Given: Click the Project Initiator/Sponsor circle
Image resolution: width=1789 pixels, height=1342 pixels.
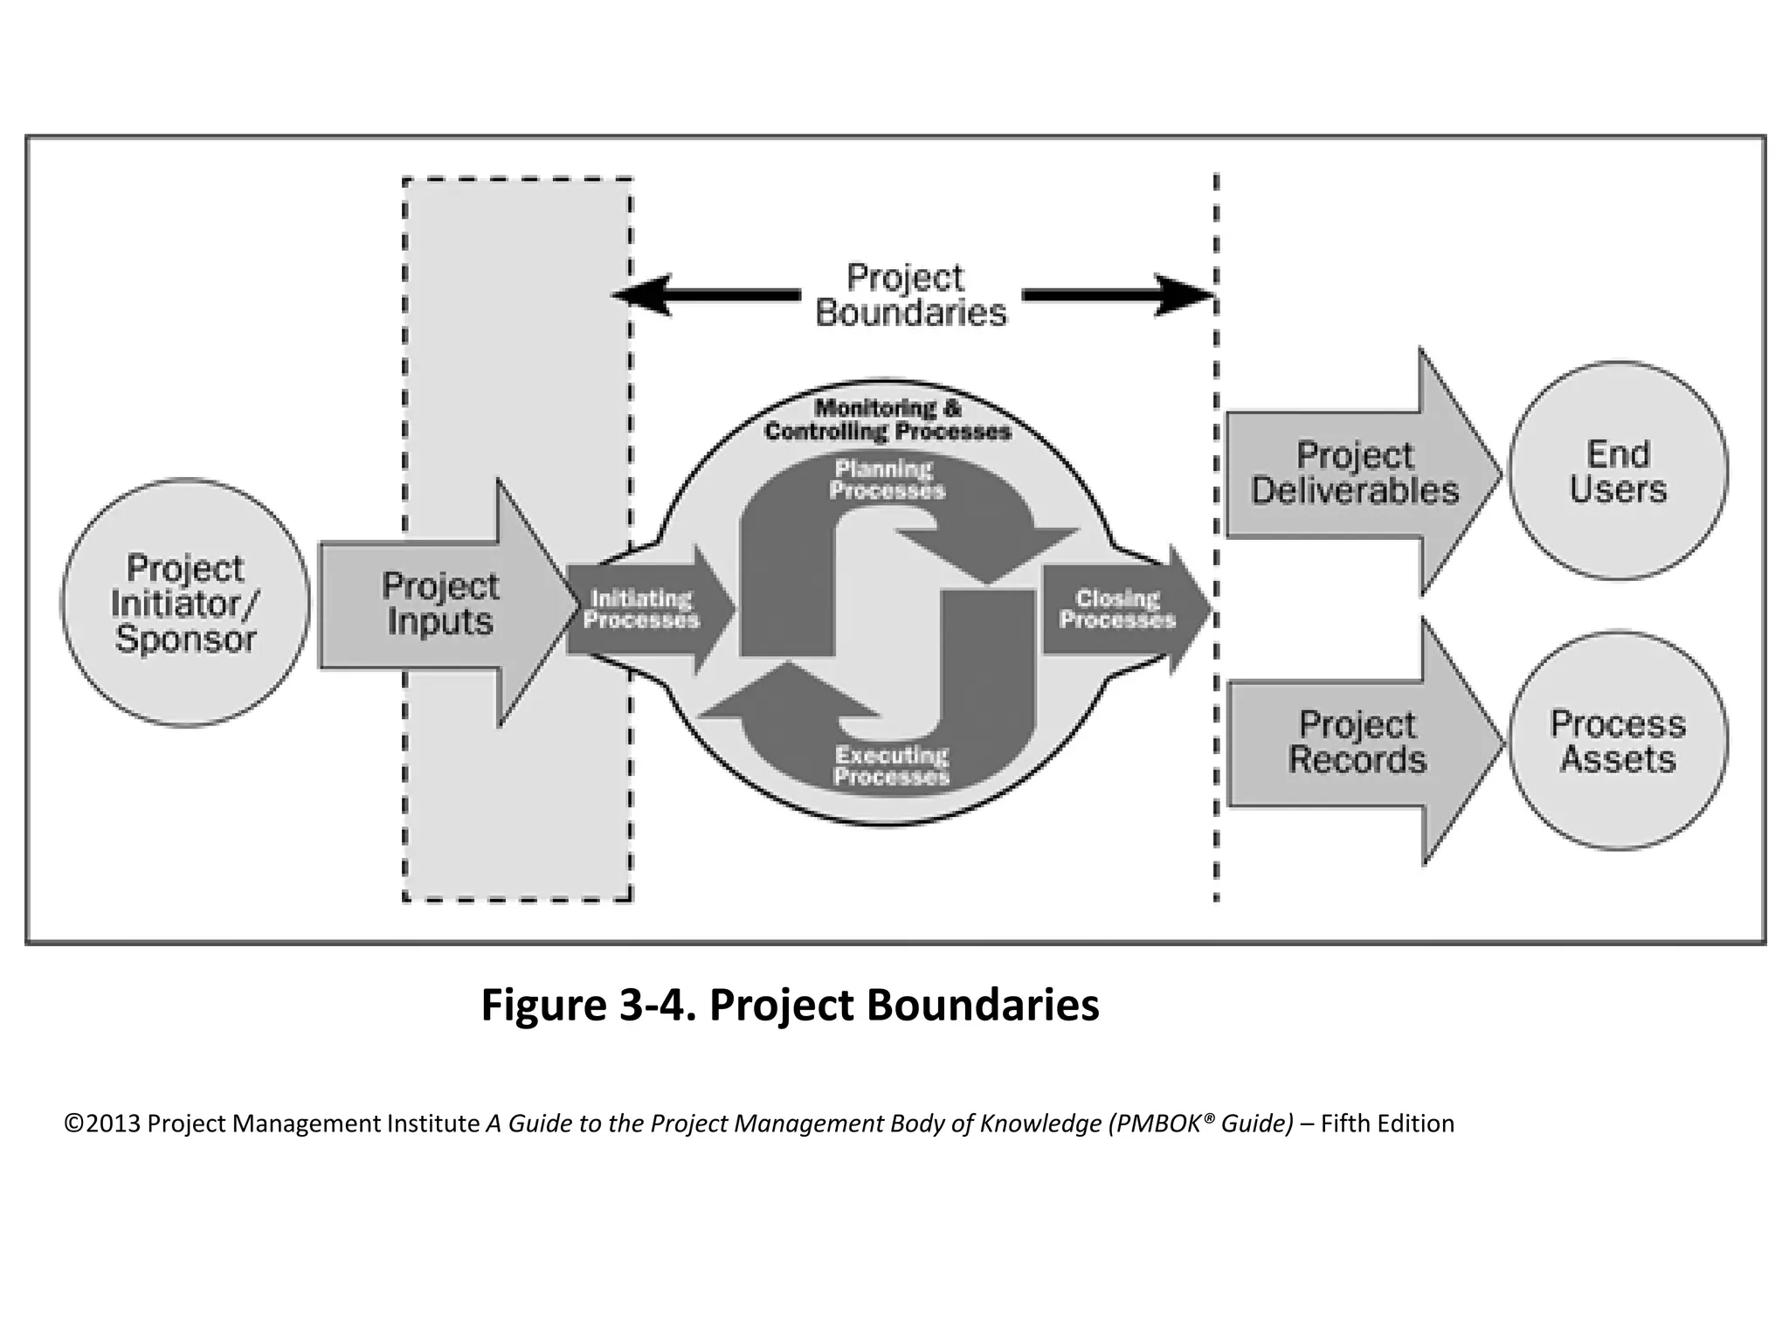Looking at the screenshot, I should point(185,603).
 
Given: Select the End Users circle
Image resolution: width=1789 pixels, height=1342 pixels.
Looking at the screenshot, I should point(1618,472).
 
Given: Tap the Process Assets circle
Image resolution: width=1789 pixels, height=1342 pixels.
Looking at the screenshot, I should point(1618,741).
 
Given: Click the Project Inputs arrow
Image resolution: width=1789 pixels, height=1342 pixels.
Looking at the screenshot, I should point(441,604).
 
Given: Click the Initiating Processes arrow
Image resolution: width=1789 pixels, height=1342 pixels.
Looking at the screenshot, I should point(642,609).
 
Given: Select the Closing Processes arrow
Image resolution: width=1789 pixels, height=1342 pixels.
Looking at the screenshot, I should point(1118,609).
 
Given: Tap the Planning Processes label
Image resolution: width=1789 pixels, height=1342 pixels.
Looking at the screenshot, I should point(887,480).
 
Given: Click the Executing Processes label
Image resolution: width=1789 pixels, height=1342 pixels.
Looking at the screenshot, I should point(891,765).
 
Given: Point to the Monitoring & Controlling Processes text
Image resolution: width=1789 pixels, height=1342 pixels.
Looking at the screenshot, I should point(888,419).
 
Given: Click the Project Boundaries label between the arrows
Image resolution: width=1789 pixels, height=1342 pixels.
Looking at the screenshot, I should point(909,295).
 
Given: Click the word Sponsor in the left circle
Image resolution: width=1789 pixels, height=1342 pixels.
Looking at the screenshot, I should point(185,639).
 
